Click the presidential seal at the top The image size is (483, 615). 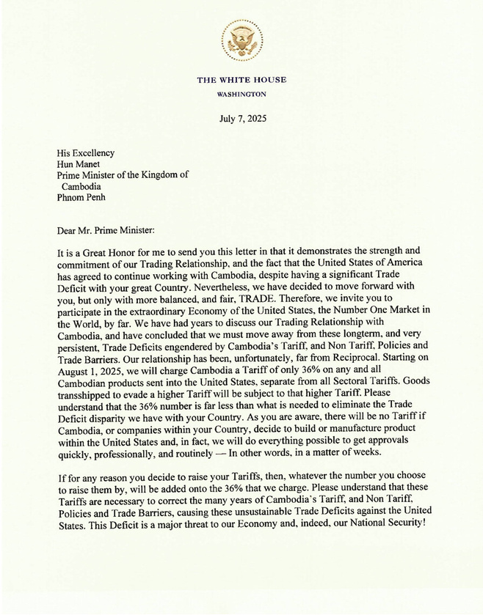tap(241, 40)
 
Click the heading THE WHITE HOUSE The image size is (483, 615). tap(241, 80)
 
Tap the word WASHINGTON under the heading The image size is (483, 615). tap(241, 95)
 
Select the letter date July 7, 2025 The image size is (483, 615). tap(241, 118)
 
